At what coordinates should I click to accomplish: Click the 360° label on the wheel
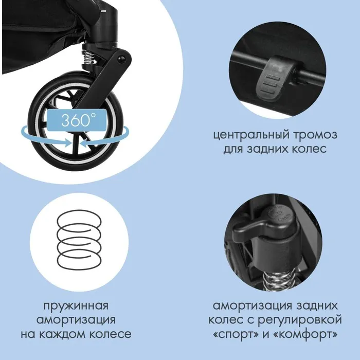77,120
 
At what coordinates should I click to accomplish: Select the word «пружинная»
76,307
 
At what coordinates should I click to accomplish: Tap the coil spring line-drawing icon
79,239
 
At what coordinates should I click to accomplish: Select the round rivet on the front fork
121,59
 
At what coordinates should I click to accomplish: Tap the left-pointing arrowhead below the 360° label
84,143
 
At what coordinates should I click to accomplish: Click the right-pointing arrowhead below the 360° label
68,142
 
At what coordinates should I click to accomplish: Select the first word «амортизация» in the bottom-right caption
251,306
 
